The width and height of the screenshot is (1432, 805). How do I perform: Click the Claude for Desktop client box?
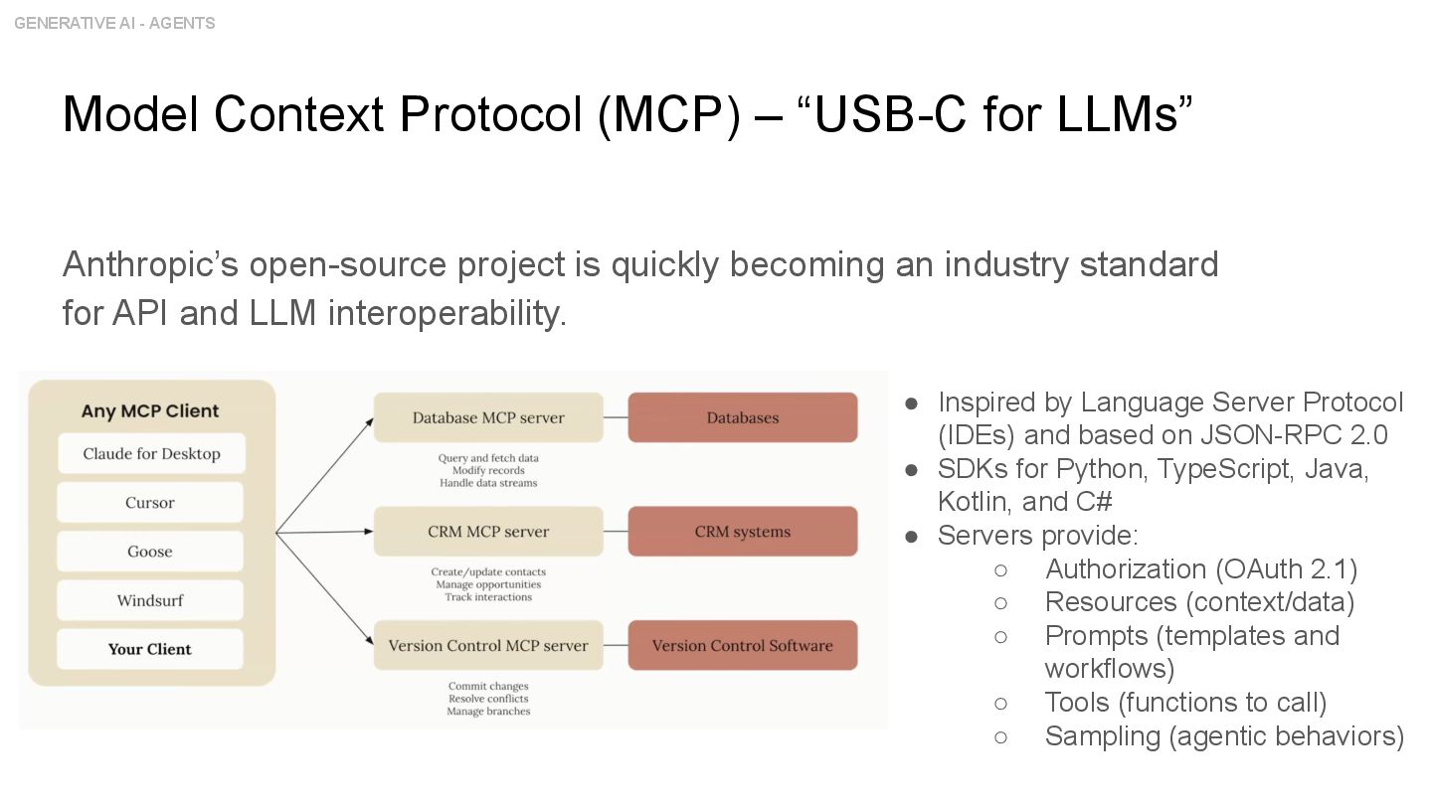click(151, 454)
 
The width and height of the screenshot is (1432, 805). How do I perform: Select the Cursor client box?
click(150, 503)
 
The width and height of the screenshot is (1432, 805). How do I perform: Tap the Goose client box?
click(150, 552)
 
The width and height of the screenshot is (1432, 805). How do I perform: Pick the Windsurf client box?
click(150, 600)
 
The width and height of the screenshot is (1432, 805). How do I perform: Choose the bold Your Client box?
click(150, 649)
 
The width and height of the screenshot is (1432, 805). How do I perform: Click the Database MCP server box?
click(488, 418)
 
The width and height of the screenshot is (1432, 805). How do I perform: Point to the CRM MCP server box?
click(488, 532)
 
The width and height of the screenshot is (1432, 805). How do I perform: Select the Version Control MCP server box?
click(488, 646)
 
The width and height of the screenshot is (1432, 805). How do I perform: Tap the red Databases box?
click(743, 418)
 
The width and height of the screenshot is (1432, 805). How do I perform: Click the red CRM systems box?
click(743, 532)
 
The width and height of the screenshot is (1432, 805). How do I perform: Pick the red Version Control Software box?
click(743, 646)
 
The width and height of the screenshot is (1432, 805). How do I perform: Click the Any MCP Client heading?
click(150, 411)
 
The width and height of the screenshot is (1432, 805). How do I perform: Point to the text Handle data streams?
click(488, 483)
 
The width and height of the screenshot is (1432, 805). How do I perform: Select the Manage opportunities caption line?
click(488, 584)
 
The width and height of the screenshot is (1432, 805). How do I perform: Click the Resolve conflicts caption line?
click(488, 699)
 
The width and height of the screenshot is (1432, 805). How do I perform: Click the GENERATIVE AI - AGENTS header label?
click(114, 23)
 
